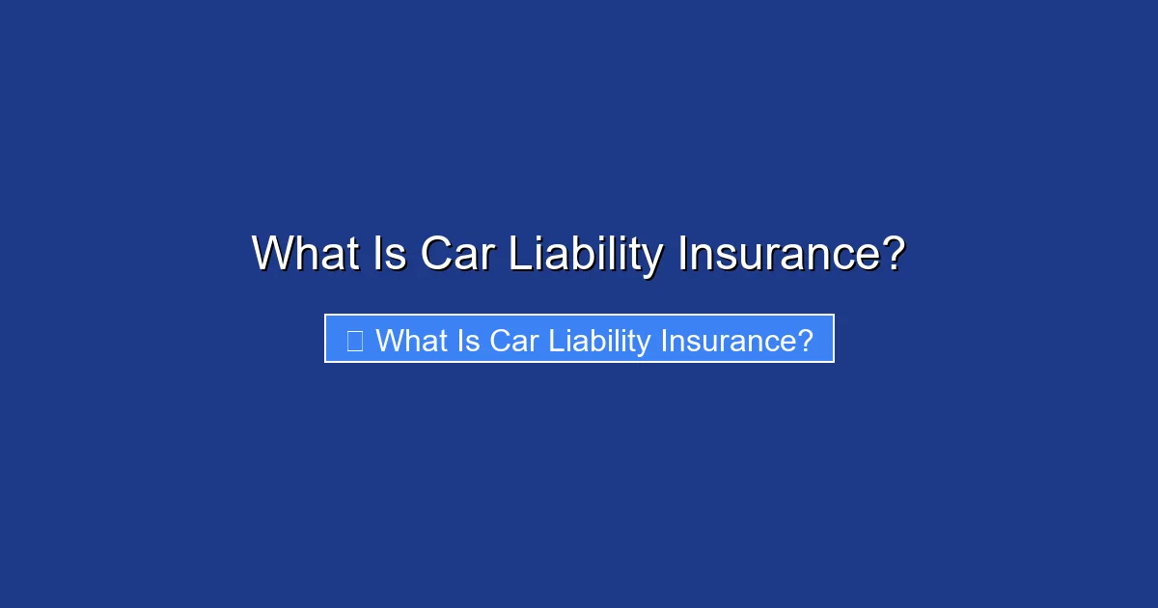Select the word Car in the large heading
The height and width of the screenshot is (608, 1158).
(x=457, y=254)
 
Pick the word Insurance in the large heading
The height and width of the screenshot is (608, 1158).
(x=778, y=254)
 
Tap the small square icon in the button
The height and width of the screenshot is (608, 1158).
(x=354, y=340)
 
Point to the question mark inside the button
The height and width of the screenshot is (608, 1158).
(x=806, y=340)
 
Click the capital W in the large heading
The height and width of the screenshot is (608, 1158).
(x=271, y=254)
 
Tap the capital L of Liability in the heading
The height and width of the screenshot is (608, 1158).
(x=517, y=254)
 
